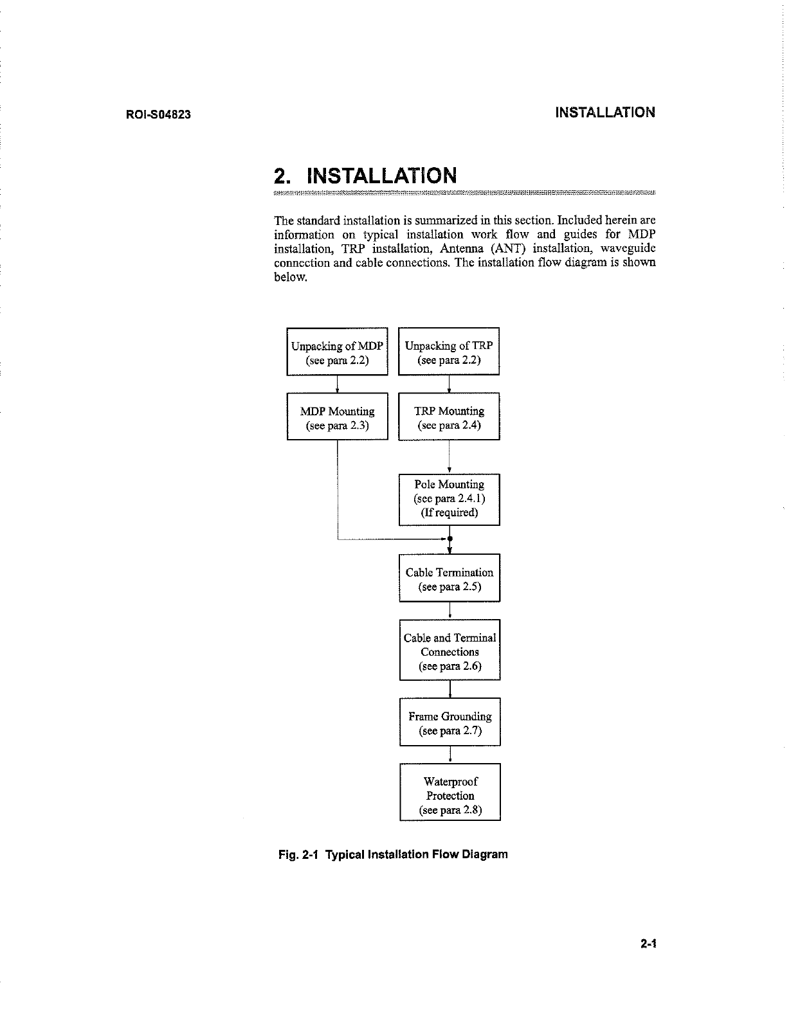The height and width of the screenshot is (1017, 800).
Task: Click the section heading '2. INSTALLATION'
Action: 365,175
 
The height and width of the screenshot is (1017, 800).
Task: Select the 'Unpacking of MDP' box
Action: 337,352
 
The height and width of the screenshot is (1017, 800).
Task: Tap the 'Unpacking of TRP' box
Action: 449,352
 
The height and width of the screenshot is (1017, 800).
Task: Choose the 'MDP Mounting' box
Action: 337,417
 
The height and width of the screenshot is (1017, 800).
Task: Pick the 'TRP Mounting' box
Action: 449,417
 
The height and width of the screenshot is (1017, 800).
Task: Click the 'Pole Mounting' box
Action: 449,499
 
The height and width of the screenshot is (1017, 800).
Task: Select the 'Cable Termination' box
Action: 449,579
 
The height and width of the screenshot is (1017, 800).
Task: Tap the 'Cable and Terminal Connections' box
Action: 449,651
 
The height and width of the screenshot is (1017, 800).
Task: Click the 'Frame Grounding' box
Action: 449,723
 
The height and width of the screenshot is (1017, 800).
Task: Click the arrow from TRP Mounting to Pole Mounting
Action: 449,458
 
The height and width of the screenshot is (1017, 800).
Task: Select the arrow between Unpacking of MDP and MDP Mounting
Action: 338,384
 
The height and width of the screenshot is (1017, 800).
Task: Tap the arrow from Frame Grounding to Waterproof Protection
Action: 450,755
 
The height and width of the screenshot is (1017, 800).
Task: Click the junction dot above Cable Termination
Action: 450,538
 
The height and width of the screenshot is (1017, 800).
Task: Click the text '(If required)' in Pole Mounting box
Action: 449,513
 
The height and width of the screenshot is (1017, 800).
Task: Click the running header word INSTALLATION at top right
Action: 605,113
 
